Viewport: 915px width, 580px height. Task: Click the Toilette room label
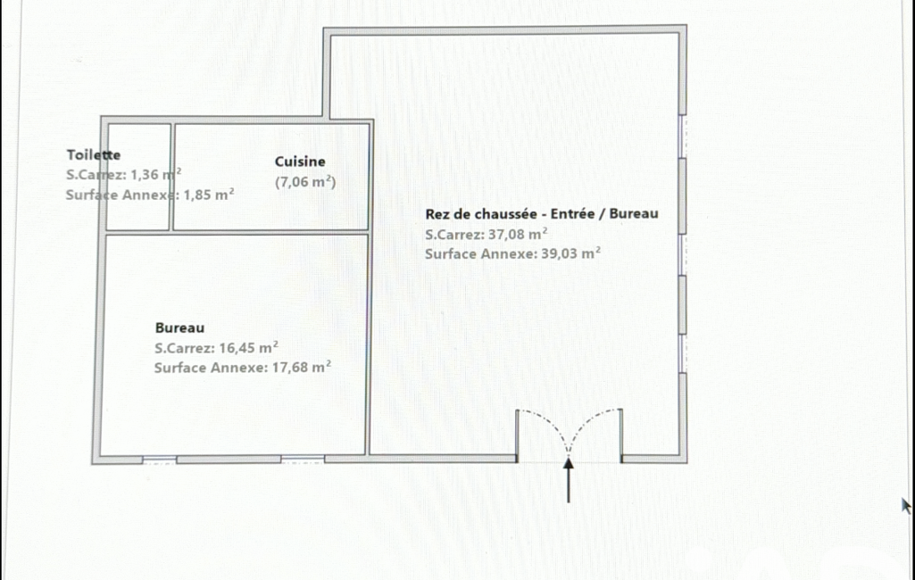[x=94, y=154]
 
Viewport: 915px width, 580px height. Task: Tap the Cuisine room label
[x=300, y=162]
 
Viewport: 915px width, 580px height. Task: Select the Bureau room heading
[x=179, y=328]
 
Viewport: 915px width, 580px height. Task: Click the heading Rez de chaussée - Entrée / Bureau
[x=542, y=214]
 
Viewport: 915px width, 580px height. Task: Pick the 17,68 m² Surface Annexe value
[x=302, y=368]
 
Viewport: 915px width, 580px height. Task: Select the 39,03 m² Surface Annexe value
[x=570, y=253]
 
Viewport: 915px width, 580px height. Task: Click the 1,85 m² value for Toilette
[x=209, y=195]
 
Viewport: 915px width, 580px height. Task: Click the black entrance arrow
[x=569, y=480]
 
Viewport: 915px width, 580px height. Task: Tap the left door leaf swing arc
[x=548, y=420]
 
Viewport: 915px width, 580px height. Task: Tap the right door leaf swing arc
[x=588, y=421]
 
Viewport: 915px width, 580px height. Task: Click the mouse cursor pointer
[x=906, y=505]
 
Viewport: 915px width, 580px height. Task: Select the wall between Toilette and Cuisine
[x=171, y=177]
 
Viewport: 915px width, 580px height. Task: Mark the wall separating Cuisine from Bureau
[x=270, y=232]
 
